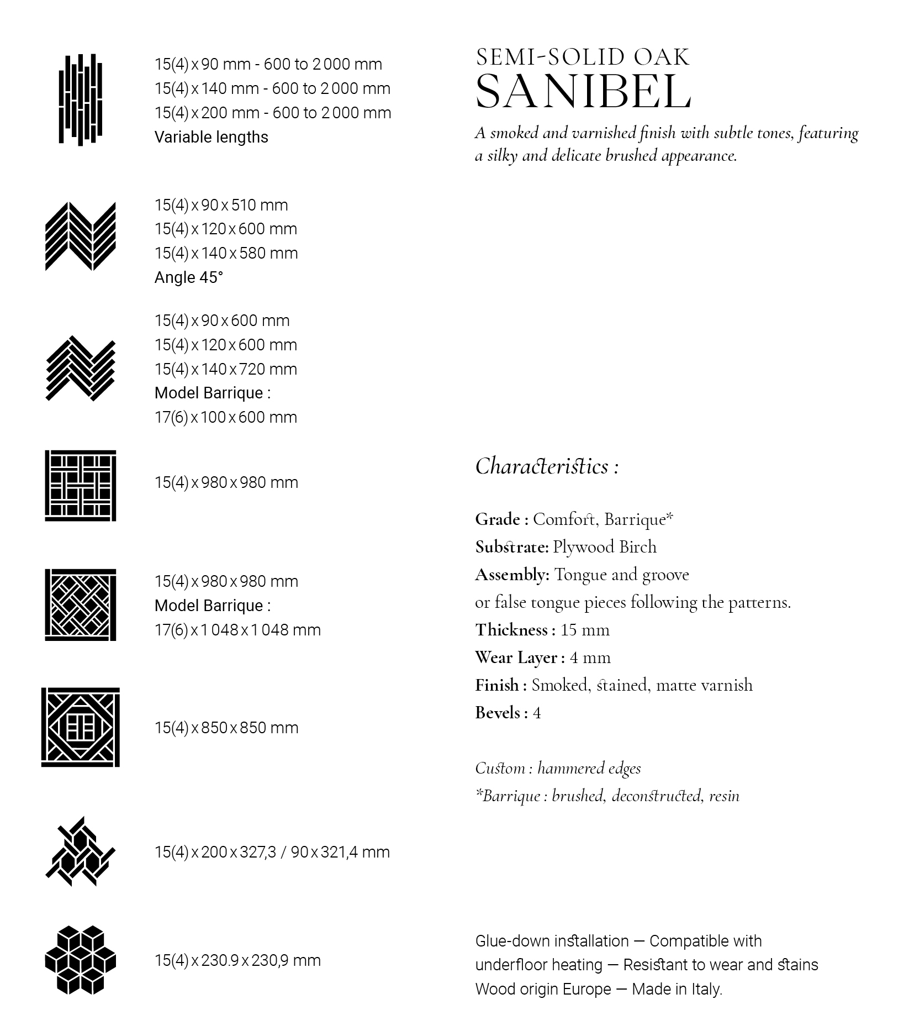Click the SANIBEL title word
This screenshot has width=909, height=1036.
583,91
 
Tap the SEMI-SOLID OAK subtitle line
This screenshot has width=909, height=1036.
583,57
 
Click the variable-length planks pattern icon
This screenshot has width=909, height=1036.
81,99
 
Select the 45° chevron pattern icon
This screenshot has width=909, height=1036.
81,236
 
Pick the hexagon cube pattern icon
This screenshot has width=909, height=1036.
81,960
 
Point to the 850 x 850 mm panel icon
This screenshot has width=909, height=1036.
81,727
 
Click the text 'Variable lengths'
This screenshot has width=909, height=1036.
211,137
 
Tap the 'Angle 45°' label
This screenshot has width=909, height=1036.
188,277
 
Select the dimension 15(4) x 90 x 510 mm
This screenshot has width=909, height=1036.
221,205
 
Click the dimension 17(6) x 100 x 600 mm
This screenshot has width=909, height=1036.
225,417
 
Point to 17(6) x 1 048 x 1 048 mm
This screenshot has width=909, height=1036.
237,630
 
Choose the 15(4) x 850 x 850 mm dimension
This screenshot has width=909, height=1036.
226,728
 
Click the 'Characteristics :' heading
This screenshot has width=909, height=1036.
547,467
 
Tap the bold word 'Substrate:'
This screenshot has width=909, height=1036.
511,547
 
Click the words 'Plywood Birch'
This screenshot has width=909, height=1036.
605,547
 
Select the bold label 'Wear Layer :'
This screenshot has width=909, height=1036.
520,658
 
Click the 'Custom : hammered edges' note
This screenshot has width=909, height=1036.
558,768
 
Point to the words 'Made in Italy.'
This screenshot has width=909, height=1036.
677,989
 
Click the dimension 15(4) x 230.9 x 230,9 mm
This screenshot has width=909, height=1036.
237,960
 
